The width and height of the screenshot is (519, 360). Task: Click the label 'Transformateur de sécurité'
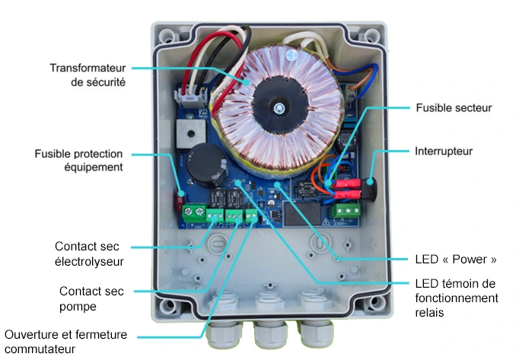[88, 75]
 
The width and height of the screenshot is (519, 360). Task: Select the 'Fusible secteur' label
[454, 108]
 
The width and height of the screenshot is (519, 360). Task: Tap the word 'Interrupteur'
[444, 151]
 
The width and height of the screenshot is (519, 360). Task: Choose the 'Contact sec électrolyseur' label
[89, 254]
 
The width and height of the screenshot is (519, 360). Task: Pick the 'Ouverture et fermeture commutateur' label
[65, 342]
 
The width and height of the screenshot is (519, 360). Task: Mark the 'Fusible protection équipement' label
[78, 160]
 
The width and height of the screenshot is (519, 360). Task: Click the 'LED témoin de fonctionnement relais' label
[456, 298]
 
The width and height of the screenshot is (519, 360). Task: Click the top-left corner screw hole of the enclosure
[166, 34]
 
